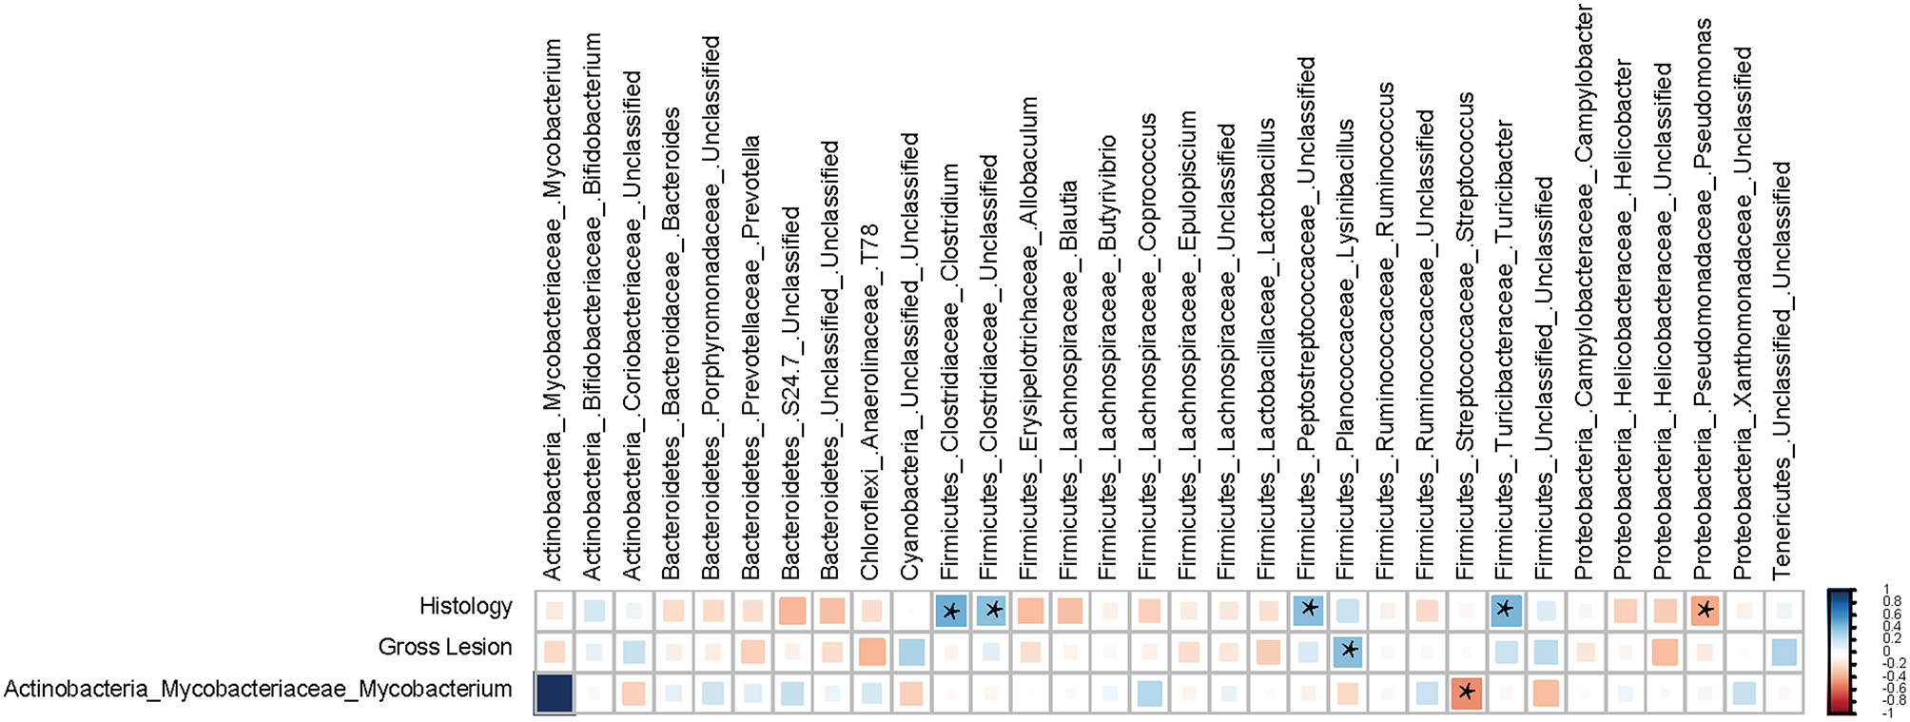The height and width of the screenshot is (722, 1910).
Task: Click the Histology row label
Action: tap(465, 606)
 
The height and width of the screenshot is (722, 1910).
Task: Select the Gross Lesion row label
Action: tap(444, 648)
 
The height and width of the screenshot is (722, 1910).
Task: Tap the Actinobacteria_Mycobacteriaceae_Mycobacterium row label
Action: tap(258, 690)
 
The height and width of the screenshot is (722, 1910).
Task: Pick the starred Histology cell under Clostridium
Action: tap(950, 610)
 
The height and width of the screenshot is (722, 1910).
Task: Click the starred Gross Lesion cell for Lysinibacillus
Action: tap(1347, 652)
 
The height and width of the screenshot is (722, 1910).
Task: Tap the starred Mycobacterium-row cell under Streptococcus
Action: tap(1466, 693)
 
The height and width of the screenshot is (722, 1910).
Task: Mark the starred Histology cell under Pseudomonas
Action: tap(1704, 610)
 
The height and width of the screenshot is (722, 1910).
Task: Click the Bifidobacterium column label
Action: tap(593, 304)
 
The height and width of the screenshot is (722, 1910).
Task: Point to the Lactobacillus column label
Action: tap(1266, 347)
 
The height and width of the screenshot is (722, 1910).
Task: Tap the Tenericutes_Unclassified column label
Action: tap(1782, 371)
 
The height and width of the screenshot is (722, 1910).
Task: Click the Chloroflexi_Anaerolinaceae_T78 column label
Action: tap(869, 400)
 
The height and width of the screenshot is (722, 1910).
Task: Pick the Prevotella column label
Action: tap(750, 357)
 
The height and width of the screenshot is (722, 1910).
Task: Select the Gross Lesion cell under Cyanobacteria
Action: tap(910, 652)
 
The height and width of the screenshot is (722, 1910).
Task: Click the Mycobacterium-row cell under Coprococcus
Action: tap(1148, 693)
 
